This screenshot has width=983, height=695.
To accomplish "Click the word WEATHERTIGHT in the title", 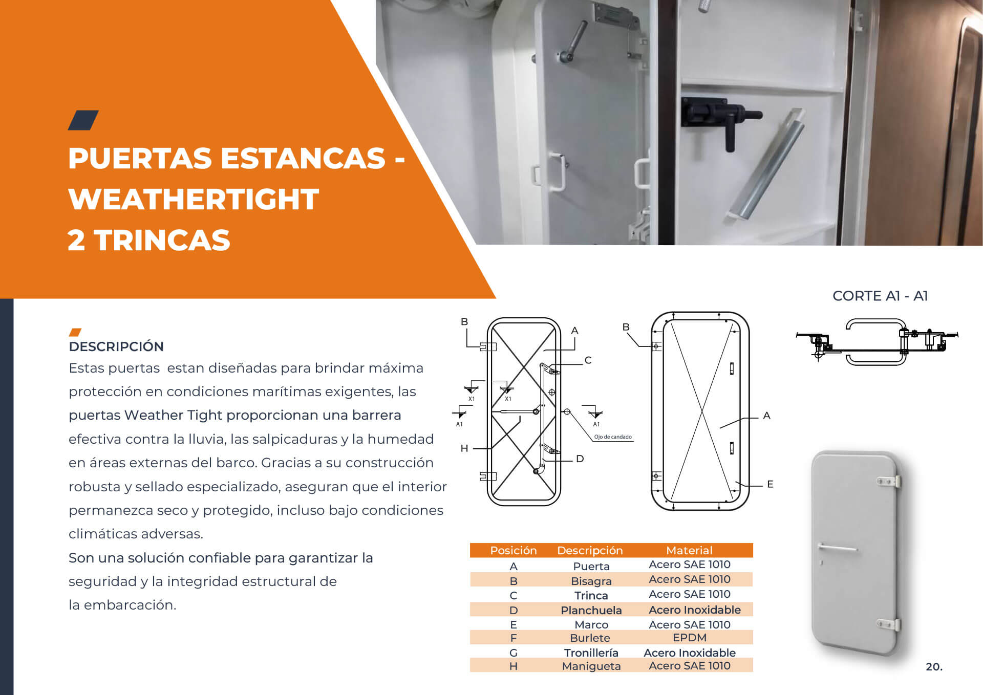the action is pyautogui.click(x=194, y=199).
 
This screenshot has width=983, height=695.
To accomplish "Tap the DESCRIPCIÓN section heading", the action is pyautogui.click(x=116, y=346).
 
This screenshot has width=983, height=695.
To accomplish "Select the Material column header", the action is pyautogui.click(x=689, y=550).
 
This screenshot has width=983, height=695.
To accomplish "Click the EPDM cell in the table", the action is pyautogui.click(x=690, y=638).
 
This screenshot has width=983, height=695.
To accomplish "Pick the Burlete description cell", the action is pyautogui.click(x=590, y=638).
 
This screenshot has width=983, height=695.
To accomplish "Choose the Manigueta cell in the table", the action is pyautogui.click(x=591, y=666).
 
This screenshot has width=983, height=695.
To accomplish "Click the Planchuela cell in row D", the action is pyautogui.click(x=591, y=610).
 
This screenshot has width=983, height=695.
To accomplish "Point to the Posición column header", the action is pyautogui.click(x=514, y=550).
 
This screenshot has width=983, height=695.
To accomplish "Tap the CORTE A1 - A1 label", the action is pyautogui.click(x=880, y=296).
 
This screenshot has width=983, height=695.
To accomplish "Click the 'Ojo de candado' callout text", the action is pyautogui.click(x=613, y=437).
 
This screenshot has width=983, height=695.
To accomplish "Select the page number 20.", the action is pyautogui.click(x=934, y=667).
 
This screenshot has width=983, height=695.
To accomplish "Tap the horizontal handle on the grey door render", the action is pyautogui.click(x=838, y=548).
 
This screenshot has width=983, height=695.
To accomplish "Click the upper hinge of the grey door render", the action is pyautogui.click(x=889, y=482).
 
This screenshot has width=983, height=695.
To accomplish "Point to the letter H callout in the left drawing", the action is pyautogui.click(x=464, y=449).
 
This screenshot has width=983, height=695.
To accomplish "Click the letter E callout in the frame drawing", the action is pyautogui.click(x=770, y=484).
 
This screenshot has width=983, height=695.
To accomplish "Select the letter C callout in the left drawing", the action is pyautogui.click(x=588, y=360).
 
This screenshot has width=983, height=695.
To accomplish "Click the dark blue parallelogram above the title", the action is pyautogui.click(x=83, y=120).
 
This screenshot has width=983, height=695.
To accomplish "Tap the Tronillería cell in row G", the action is pyautogui.click(x=591, y=653).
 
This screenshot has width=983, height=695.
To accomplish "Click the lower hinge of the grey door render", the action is pyautogui.click(x=889, y=625).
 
